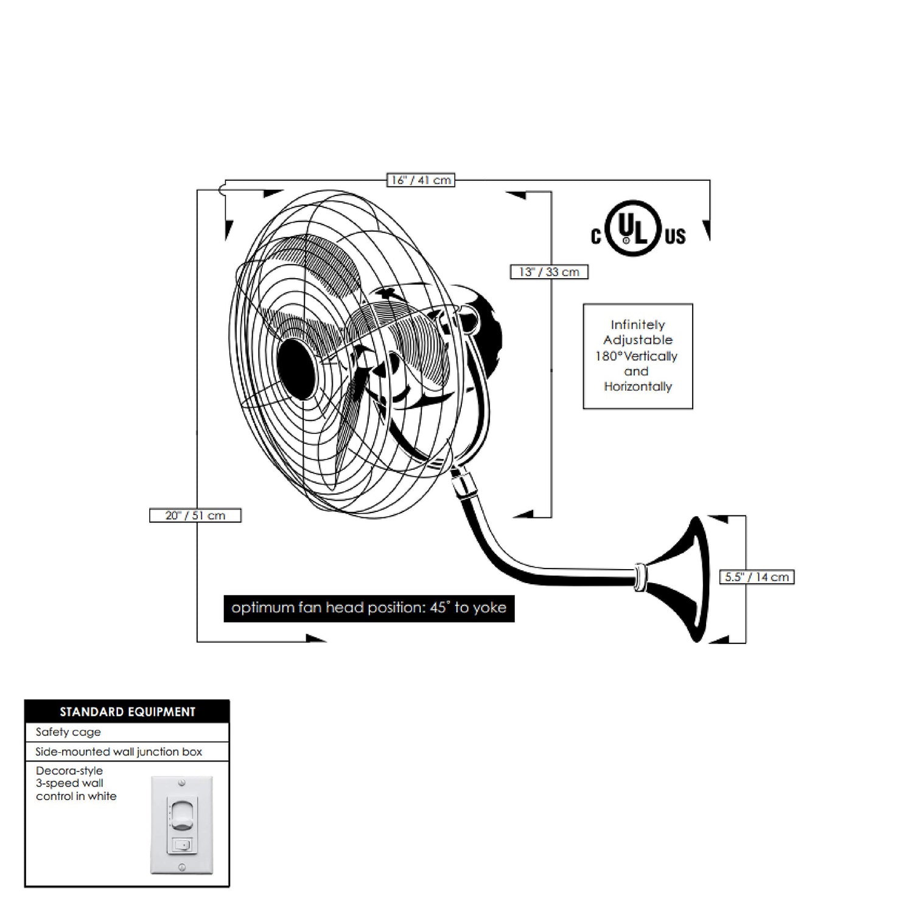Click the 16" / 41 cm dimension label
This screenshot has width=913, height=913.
tap(421, 180)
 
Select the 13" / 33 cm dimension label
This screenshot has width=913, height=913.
tap(549, 272)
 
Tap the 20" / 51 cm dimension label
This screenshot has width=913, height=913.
tap(195, 516)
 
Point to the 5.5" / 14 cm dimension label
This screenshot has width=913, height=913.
tap(757, 577)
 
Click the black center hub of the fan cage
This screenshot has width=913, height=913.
tap(296, 368)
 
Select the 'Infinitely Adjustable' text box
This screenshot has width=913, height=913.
tap(638, 356)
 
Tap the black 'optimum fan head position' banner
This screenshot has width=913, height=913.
tap(369, 608)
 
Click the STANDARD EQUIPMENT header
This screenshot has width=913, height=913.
tap(127, 712)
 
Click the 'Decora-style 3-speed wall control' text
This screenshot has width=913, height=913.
tap(76, 783)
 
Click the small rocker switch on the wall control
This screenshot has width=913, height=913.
tap(182, 845)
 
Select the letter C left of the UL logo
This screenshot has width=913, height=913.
tap(596, 236)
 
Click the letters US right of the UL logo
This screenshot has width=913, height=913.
tap(675, 236)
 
